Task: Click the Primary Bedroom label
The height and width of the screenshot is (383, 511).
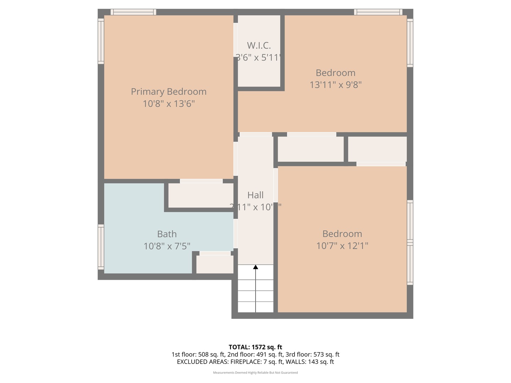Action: [x=169, y=91]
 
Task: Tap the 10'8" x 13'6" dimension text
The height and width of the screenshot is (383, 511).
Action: [x=169, y=104]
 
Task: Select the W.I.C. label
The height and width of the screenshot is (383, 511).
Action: [x=259, y=45]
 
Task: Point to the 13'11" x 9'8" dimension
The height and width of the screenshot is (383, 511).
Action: [x=335, y=85]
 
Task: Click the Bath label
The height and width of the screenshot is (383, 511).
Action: [x=167, y=234]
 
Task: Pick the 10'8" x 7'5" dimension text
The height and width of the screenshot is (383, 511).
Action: [x=167, y=246]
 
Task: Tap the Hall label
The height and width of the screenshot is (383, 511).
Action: [x=255, y=195]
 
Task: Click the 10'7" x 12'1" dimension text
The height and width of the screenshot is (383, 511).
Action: [x=342, y=246]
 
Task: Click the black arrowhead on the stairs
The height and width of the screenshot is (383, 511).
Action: [x=255, y=267]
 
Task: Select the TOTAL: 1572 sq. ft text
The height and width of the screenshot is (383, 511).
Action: [x=255, y=347]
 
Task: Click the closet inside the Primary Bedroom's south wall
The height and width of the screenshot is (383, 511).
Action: [x=200, y=195]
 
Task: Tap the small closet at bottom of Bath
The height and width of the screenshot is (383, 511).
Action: [x=215, y=265]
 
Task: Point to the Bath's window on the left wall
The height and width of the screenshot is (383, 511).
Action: [x=101, y=247]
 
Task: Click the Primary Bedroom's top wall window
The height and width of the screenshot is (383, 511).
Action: [x=133, y=12]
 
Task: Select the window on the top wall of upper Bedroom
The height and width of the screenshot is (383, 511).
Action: [x=378, y=12]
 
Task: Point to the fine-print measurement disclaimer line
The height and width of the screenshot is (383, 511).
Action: [x=255, y=373]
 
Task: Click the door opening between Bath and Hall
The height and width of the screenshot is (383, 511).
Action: [x=235, y=233]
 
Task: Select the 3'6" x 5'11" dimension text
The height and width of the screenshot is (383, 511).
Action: [x=259, y=57]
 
